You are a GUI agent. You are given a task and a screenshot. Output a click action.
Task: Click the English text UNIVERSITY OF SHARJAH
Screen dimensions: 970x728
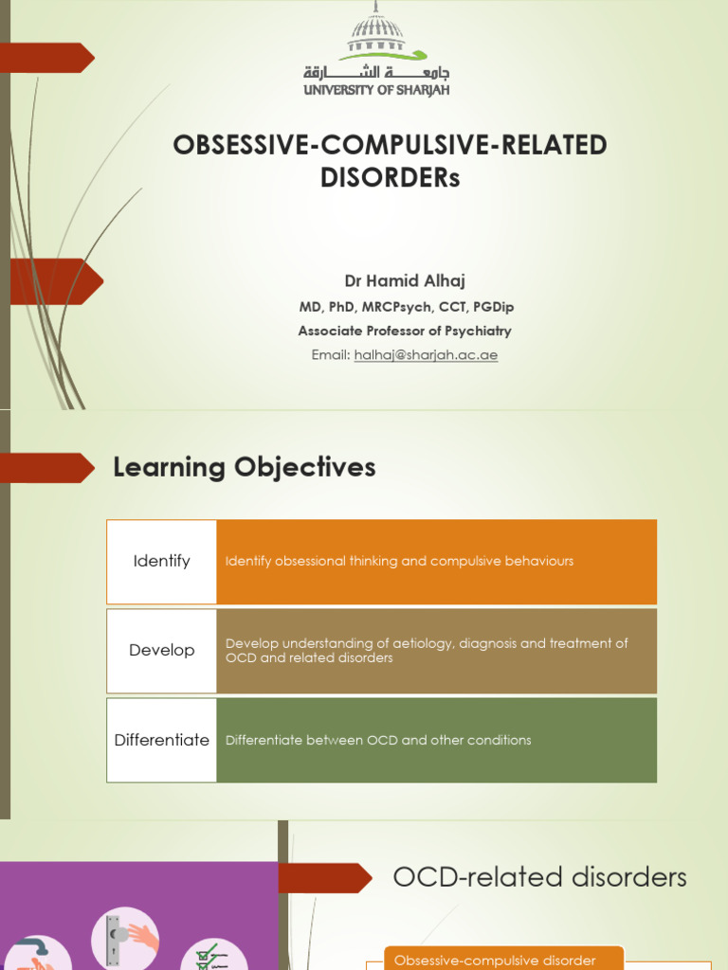pyautogui.click(x=376, y=90)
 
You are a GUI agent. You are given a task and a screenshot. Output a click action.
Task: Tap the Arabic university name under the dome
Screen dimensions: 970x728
pyautogui.click(x=376, y=72)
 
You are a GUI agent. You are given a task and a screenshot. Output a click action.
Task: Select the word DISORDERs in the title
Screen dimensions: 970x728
pyautogui.click(x=390, y=178)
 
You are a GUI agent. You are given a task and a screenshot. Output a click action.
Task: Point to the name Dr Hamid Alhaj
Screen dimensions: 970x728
pyautogui.click(x=406, y=281)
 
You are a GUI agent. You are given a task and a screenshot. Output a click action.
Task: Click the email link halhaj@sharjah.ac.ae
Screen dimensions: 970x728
pyautogui.click(x=426, y=355)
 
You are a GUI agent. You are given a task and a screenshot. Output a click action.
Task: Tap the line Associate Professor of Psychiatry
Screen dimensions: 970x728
pyautogui.click(x=405, y=332)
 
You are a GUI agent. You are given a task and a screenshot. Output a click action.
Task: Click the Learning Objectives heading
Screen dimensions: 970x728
pyautogui.click(x=245, y=467)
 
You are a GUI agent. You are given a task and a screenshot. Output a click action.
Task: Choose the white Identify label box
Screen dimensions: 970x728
pyautogui.click(x=162, y=562)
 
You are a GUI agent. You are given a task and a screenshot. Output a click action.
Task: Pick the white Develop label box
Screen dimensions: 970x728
pyautogui.click(x=162, y=651)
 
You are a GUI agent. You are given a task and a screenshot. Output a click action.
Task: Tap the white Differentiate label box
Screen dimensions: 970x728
pyautogui.click(x=162, y=741)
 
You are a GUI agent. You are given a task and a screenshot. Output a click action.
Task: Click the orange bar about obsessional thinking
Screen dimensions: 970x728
pyautogui.click(x=436, y=562)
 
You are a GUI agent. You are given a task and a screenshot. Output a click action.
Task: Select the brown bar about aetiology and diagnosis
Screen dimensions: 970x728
pyautogui.click(x=436, y=651)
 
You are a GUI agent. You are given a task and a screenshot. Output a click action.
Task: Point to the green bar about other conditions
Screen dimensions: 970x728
pyautogui.click(x=436, y=741)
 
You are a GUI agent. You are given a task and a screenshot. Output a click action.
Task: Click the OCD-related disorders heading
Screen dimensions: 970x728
pyautogui.click(x=539, y=877)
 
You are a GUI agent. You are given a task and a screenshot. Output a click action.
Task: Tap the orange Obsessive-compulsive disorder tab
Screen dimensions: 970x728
pyautogui.click(x=503, y=959)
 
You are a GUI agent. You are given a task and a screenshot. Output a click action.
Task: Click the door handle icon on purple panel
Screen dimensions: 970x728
pyautogui.click(x=124, y=937)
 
